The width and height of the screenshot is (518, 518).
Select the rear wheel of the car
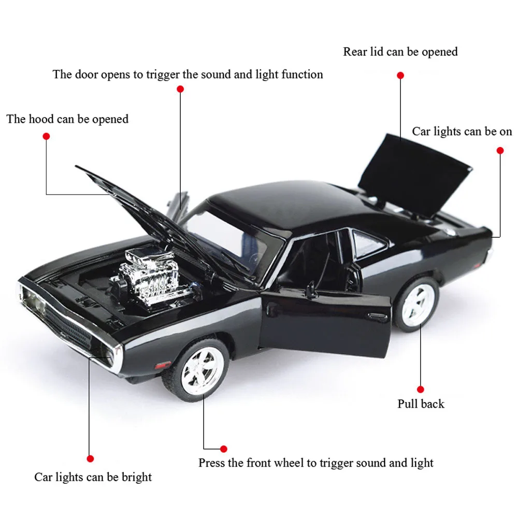coord(417,305)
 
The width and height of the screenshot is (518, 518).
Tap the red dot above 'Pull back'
coord(421,390)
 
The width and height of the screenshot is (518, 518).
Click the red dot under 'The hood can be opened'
coord(46,136)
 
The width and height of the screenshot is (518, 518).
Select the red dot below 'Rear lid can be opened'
coord(400,76)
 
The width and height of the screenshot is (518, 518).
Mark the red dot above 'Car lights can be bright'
coord(90,458)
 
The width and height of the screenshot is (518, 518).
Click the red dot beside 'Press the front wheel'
coord(224,449)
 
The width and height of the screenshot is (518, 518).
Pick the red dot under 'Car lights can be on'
coord(500,151)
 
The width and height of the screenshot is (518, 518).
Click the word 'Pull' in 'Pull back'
coord(406,404)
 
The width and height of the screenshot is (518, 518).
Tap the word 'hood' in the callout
coord(41,119)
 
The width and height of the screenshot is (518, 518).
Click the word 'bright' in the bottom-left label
coord(136,478)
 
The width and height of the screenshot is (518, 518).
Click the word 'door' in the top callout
coord(87,74)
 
